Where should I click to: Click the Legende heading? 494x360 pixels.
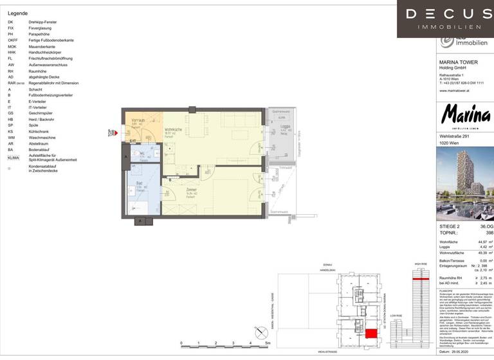click(18, 13)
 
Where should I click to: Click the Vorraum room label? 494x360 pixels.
click(137, 121)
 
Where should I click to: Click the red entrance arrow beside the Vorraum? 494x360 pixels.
click(112, 133)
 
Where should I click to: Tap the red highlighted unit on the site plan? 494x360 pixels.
click(372, 333)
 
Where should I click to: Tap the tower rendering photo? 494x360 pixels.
click(466, 183)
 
